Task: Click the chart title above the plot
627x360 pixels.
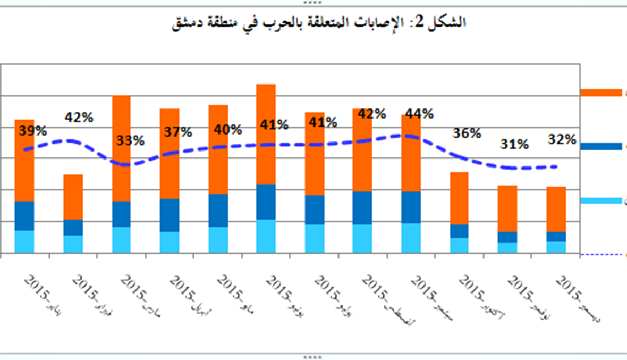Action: tap(319, 22)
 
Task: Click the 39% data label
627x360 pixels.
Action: tap(33, 130)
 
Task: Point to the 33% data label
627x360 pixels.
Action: tap(131, 141)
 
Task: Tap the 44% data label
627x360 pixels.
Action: tap(419, 113)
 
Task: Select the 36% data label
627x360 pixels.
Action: tap(467, 133)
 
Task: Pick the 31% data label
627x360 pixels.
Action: tap(515, 144)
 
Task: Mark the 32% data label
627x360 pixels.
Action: tap(562, 139)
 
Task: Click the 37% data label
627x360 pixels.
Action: tap(178, 132)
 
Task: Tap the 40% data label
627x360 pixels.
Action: tap(228, 129)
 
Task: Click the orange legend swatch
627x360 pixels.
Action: tap(600, 93)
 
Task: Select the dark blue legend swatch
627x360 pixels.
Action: tap(600, 146)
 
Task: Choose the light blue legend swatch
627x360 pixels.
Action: tap(600, 200)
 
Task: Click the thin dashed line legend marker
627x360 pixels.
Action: tap(600, 254)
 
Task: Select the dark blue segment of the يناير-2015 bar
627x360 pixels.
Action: tap(24, 216)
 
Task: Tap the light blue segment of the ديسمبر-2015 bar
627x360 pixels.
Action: tap(556, 247)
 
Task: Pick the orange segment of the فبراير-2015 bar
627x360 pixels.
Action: tap(73, 197)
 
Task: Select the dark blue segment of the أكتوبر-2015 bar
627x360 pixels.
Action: tap(459, 231)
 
